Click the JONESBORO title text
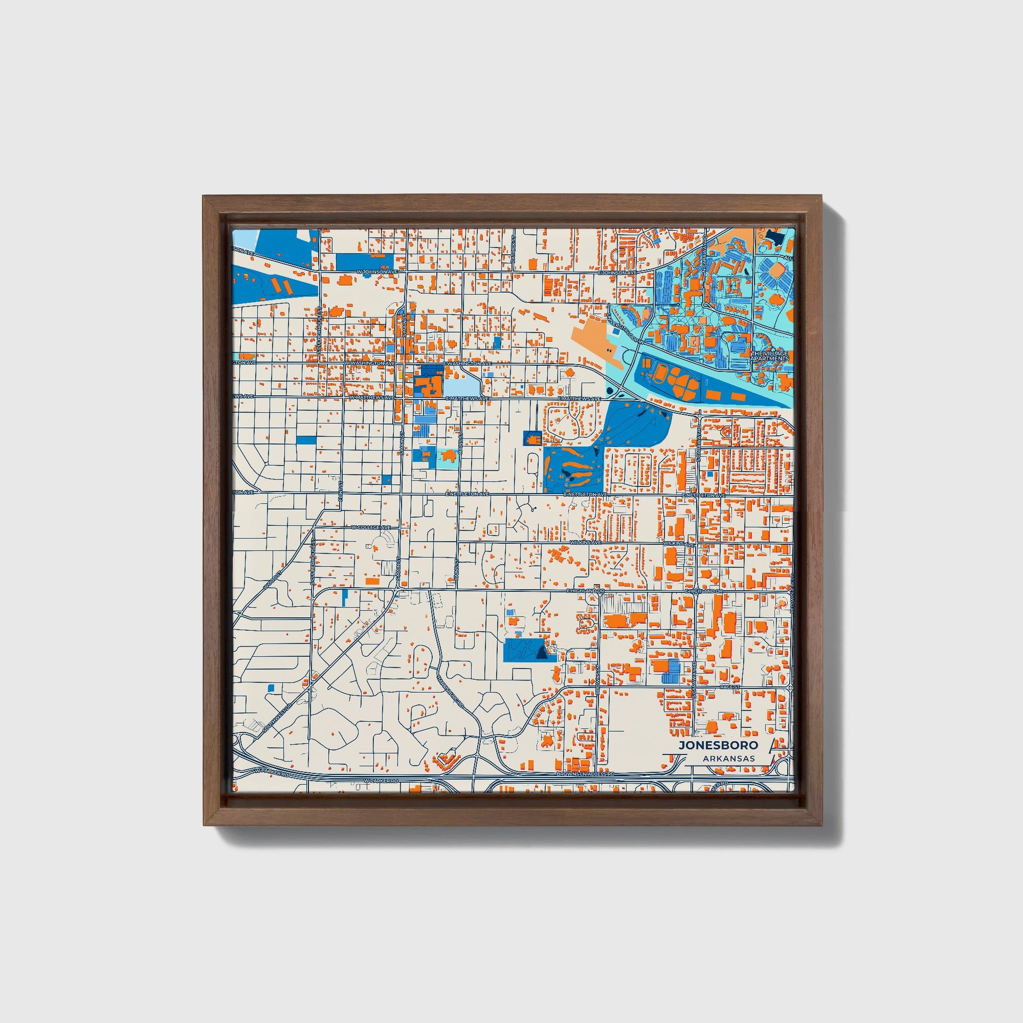click(718, 745)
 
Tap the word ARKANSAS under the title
click(729, 759)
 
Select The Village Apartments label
click(770, 356)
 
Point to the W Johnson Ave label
click(376, 272)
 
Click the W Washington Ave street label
click(370, 364)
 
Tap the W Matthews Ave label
click(371, 397)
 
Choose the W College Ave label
click(371, 527)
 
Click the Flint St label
click(342, 490)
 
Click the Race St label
click(728, 686)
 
